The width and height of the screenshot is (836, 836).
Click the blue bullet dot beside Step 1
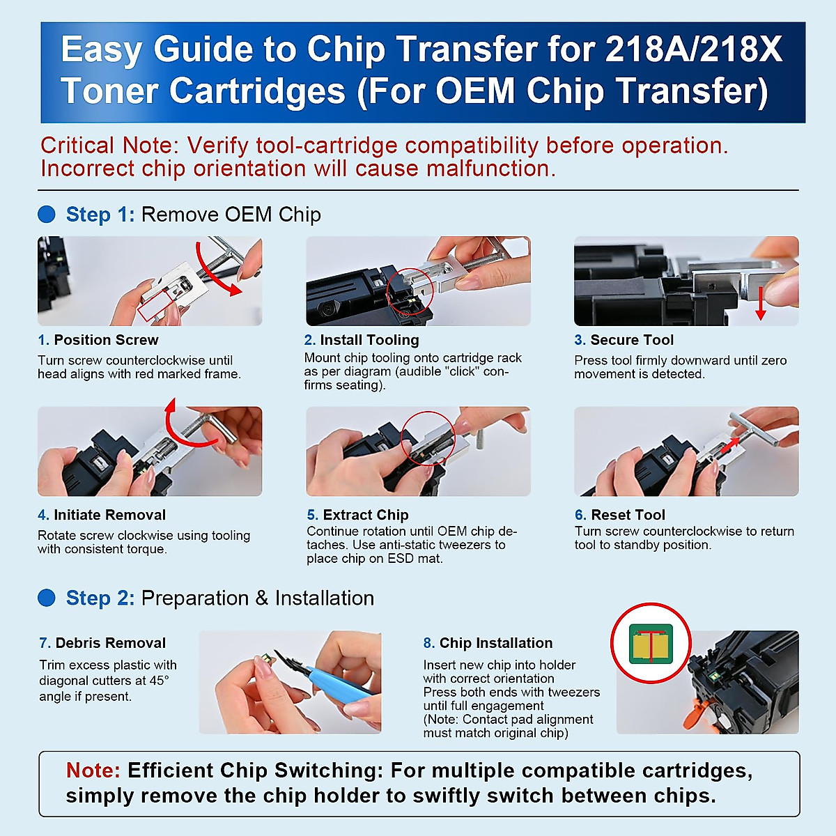point(46,214)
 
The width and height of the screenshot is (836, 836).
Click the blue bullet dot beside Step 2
point(46,598)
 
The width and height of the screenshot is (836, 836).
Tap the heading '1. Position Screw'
point(98,340)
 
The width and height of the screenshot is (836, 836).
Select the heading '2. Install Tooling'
point(362,340)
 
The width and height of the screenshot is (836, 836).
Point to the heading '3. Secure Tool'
point(624,340)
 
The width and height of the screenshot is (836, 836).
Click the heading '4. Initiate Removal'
point(102,515)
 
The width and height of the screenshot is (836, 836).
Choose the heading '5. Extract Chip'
point(357,515)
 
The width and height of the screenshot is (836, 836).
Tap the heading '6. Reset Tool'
point(620,515)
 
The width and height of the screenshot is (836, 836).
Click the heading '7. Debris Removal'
point(102,643)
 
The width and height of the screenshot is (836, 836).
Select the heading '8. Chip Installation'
point(488,643)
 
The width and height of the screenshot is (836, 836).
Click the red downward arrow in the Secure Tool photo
point(761,303)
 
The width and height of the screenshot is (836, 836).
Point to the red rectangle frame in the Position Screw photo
point(160,304)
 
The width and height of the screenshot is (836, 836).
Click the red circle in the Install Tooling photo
point(410,292)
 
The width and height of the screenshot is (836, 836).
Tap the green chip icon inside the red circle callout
point(651,644)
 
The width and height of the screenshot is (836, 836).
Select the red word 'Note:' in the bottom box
point(93,771)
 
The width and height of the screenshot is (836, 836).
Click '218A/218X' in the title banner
point(693,50)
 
